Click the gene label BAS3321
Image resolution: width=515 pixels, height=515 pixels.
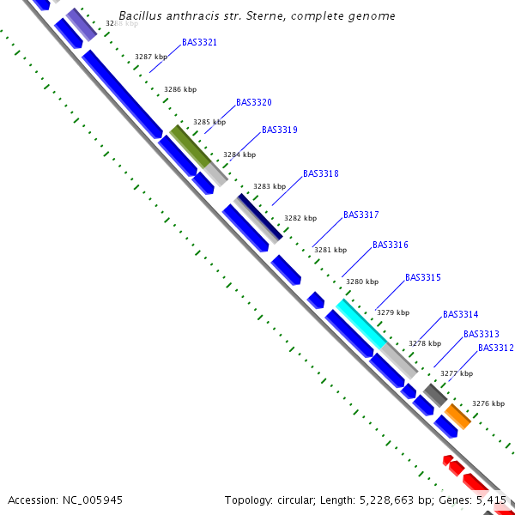pyautogui.click(x=199, y=42)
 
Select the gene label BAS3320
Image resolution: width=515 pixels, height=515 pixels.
pyautogui.click(x=253, y=102)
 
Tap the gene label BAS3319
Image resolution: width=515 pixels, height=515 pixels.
pyautogui.click(x=279, y=130)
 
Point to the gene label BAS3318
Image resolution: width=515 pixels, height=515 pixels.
pyautogui.click(x=320, y=173)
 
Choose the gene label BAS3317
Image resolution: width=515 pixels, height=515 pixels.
pyautogui.click(x=360, y=215)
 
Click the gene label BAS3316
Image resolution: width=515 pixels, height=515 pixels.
pyautogui.click(x=390, y=245)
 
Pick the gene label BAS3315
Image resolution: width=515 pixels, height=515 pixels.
pyautogui.click(x=422, y=277)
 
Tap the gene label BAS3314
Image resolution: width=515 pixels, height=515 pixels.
pyautogui.click(x=460, y=314)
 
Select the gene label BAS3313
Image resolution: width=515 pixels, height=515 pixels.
pyautogui.click(x=481, y=334)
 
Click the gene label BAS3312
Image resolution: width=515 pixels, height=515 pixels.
pyautogui.click(x=495, y=348)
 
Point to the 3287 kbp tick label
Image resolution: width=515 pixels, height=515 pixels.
pyautogui.click(x=151, y=57)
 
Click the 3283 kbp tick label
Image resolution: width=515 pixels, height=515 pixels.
pyautogui.click(x=269, y=186)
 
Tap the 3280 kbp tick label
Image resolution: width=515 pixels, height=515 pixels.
pyautogui.click(x=361, y=282)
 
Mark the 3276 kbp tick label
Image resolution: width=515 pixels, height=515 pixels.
pyautogui.click(x=488, y=403)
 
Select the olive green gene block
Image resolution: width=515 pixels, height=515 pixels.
pyautogui.click(x=190, y=146)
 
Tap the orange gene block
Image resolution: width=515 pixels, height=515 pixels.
pyautogui.click(x=457, y=416)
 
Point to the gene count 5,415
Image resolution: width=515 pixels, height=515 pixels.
pyautogui.click(x=490, y=500)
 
